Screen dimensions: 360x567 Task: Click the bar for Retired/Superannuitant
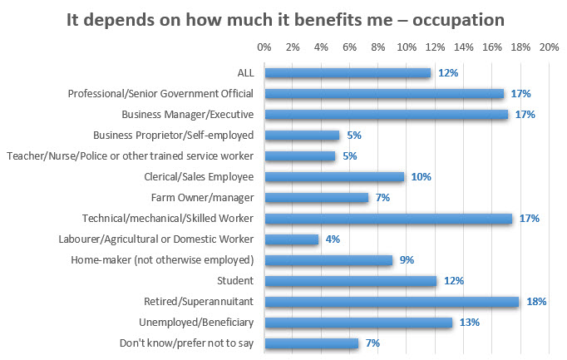391,302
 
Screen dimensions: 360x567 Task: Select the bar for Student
350,281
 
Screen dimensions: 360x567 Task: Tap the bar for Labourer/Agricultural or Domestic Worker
291,239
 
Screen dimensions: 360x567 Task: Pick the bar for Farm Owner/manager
316,198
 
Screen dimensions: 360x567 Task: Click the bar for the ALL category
348,73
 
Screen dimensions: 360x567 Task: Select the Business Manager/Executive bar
386,115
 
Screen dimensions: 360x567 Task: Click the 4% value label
333,239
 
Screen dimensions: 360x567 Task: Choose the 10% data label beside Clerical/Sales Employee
420,177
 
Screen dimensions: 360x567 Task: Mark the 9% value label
407,260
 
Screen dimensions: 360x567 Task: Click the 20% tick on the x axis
549,48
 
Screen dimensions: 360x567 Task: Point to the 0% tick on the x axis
264,48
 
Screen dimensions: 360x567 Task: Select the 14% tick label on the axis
463,48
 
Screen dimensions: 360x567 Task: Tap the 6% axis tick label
349,48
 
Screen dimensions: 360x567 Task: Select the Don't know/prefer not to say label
189,343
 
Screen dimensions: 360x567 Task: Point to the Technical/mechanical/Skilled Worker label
167,219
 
